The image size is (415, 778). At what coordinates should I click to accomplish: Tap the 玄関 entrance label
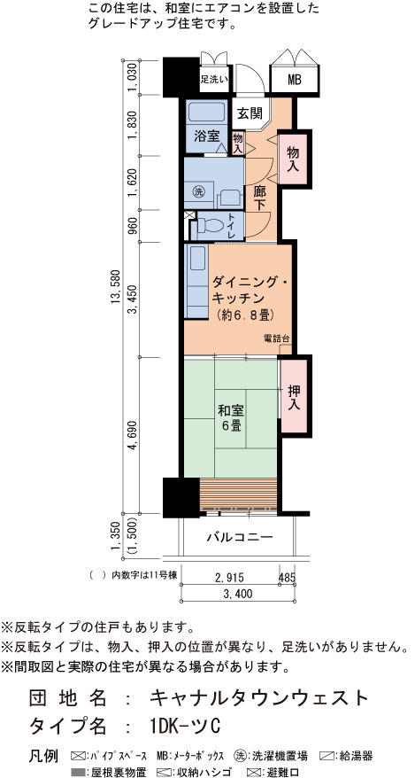click(x=249, y=113)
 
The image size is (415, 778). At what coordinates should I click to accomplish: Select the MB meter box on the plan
click(x=294, y=79)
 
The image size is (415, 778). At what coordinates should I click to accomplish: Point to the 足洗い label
click(x=214, y=78)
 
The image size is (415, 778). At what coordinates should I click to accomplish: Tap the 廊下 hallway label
click(x=260, y=198)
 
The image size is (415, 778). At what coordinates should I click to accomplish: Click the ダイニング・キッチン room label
click(x=245, y=290)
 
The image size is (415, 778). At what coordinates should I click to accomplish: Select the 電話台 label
click(x=276, y=338)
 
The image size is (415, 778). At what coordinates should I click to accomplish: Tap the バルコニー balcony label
click(x=240, y=537)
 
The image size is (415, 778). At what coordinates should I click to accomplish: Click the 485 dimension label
click(x=288, y=577)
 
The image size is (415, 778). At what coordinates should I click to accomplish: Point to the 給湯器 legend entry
click(x=345, y=756)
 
